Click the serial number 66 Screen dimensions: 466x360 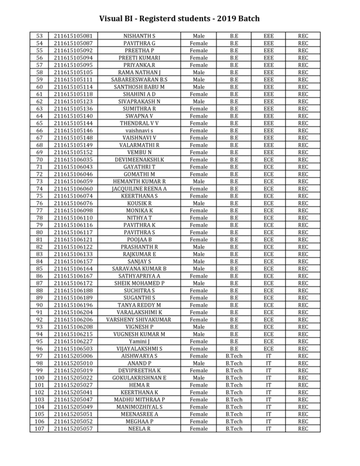(39, 131)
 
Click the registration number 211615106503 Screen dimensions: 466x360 (73, 348)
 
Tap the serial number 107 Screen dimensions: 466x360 (39, 428)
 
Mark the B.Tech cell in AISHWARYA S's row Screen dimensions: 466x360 (234, 356)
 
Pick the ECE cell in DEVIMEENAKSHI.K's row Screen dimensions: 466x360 (268, 159)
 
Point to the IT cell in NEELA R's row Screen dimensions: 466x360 (268, 428)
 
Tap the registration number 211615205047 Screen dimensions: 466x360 (73, 400)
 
